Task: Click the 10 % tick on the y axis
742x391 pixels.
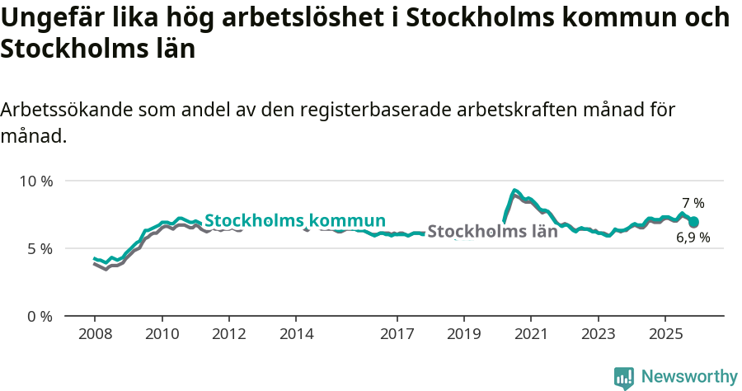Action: (35, 181)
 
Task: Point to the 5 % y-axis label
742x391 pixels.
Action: (39, 248)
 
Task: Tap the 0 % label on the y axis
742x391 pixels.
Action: (39, 316)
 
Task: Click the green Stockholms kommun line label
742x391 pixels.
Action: (295, 221)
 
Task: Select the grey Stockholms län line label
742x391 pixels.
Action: (492, 232)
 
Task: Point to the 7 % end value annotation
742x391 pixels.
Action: (693, 203)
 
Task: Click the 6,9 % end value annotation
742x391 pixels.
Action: (693, 238)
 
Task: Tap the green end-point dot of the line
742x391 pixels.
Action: (694, 222)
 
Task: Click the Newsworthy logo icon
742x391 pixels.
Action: (624, 378)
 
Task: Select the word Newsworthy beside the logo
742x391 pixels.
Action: (689, 377)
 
